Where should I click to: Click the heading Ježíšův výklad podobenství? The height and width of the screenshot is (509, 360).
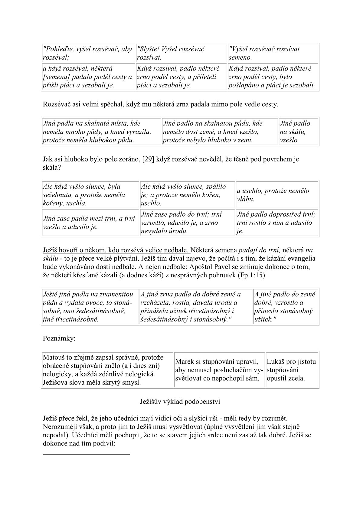(x=180, y=402)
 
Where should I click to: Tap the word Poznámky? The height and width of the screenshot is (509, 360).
(x=59, y=338)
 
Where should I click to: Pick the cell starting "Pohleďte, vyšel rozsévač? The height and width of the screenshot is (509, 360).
(x=88, y=53)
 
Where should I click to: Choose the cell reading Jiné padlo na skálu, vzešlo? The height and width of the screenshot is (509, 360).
(x=298, y=132)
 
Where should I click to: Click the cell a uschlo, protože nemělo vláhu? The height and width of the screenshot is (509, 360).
(x=277, y=195)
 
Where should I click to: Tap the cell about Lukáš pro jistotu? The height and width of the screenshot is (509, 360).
(x=292, y=370)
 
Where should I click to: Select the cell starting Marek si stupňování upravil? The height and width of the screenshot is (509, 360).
(x=219, y=370)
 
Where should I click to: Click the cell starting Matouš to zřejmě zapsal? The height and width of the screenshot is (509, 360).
(x=107, y=370)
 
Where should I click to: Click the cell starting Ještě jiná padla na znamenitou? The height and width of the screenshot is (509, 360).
(x=90, y=307)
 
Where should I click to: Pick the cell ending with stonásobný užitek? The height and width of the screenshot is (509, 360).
(x=286, y=307)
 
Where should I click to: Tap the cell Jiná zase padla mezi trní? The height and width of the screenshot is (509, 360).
(x=90, y=223)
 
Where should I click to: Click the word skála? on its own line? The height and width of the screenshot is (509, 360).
(x=52, y=168)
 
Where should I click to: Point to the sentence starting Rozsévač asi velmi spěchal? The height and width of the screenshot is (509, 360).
(x=160, y=105)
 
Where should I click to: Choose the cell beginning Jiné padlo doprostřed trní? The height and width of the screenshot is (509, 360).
(x=277, y=223)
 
